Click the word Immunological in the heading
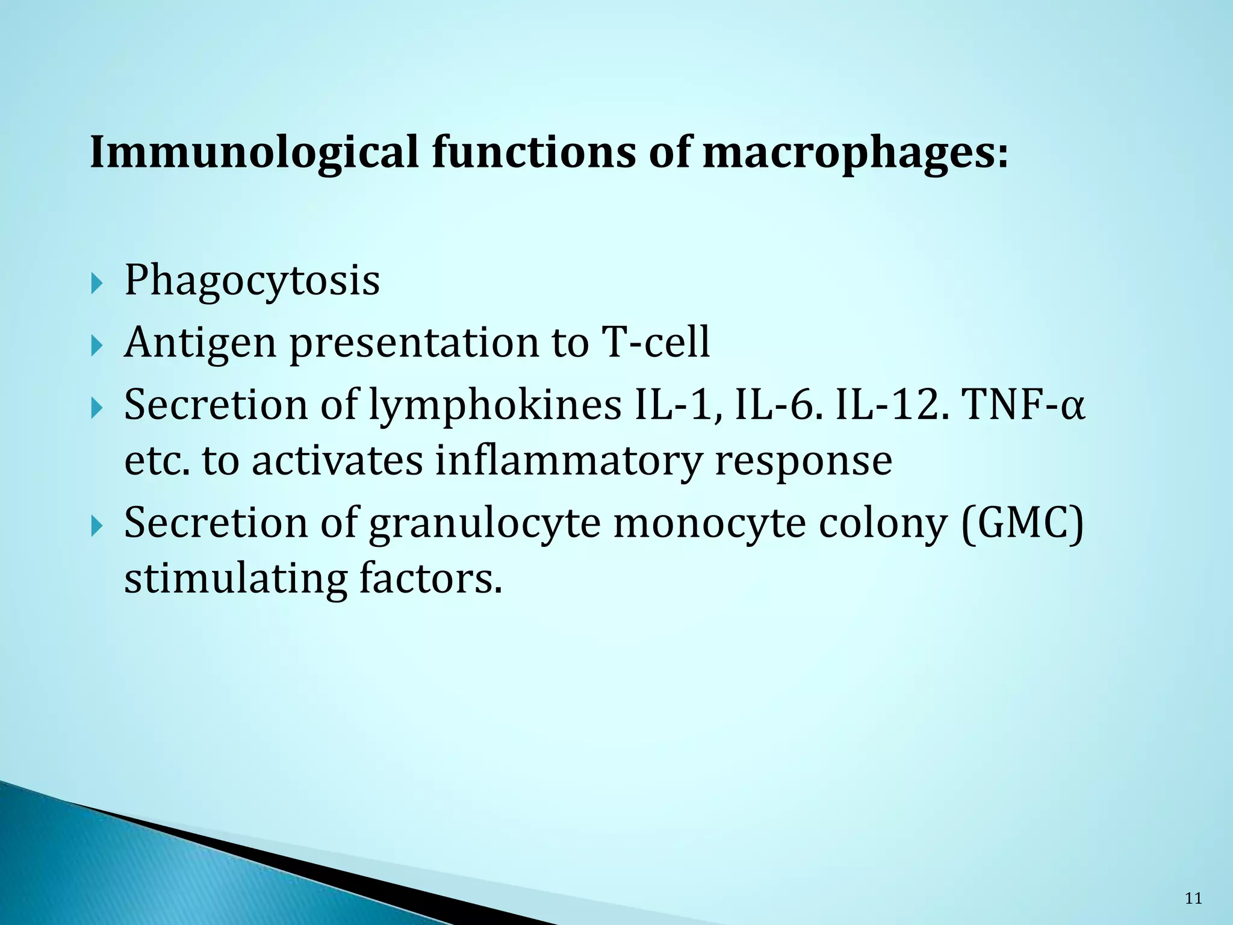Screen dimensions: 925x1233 pyautogui.click(x=253, y=152)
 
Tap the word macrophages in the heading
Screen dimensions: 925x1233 pyautogui.click(x=855, y=152)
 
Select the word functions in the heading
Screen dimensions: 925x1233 pyautogui.click(x=533, y=152)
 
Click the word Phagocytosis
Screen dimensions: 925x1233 pyautogui.click(x=252, y=281)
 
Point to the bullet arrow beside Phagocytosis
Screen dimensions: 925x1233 pyautogui.click(x=97, y=283)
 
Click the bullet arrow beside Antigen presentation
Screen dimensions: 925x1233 pyautogui.click(x=97, y=346)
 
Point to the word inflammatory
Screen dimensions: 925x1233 pyautogui.click(x=568, y=461)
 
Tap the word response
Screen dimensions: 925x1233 pyautogui.click(x=803, y=461)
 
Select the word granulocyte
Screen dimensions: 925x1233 pyautogui.click(x=485, y=523)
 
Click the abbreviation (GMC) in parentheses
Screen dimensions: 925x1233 pyautogui.click(x=1022, y=523)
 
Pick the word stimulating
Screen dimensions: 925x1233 pyautogui.click(x=235, y=579)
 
